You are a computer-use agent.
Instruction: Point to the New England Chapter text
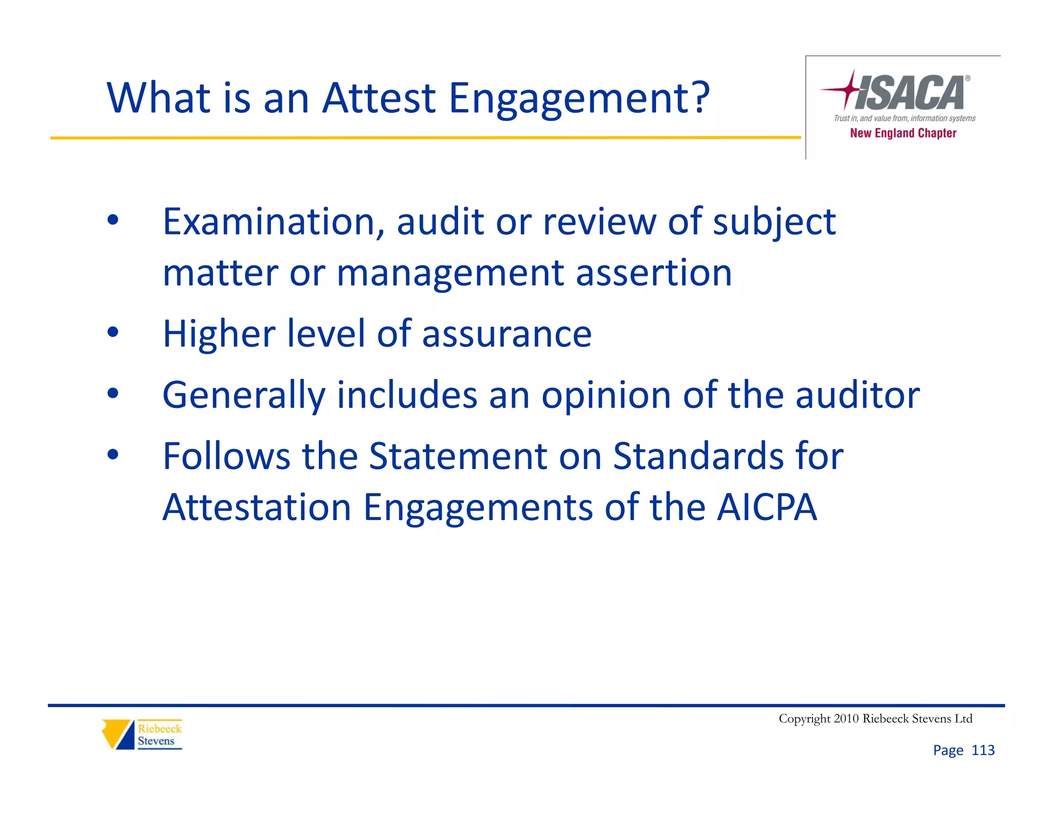(x=903, y=133)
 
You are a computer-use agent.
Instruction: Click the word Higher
(x=219, y=334)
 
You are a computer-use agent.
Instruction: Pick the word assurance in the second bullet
(x=506, y=334)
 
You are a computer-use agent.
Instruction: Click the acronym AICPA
(x=767, y=507)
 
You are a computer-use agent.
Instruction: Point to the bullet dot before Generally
(x=113, y=394)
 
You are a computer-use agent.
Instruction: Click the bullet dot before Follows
(x=113, y=455)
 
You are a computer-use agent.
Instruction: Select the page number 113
(x=983, y=750)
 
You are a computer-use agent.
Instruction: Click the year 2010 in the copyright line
(x=846, y=718)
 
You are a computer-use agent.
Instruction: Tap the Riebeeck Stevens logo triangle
(x=118, y=734)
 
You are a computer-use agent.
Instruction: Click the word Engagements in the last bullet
(x=478, y=508)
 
